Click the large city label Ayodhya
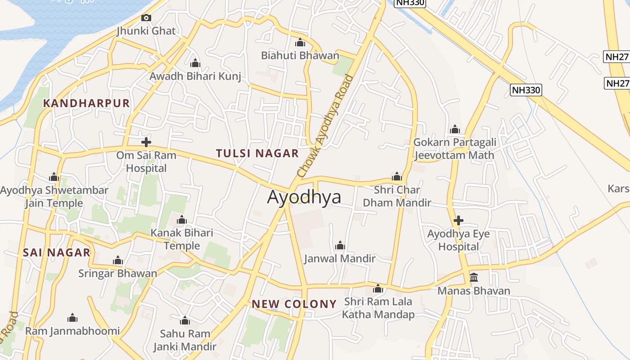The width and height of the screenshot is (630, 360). tap(304, 197)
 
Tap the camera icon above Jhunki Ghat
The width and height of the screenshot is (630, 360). tap(146, 18)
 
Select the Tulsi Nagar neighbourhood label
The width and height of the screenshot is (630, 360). tap(257, 153)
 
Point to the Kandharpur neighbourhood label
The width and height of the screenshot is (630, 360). tap(86, 103)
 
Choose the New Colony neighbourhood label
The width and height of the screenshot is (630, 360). tap(294, 304)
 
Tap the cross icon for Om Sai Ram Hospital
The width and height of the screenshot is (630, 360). tap(146, 143)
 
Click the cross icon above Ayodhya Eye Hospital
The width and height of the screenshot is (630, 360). tap(458, 220)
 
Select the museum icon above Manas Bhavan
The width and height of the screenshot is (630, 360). tap(474, 278)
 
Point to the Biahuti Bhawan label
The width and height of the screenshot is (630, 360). tap(300, 56)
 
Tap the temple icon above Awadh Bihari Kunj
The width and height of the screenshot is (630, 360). tap(195, 63)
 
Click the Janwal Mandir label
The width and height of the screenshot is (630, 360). tap(340, 259)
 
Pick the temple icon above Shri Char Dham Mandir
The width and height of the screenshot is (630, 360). tap(396, 176)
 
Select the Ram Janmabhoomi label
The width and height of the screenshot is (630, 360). tap(72, 331)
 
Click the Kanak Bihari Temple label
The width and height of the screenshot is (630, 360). tap(182, 239)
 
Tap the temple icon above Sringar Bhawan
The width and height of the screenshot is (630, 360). tap(118, 261)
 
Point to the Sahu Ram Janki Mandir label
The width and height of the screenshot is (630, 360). tap(185, 340)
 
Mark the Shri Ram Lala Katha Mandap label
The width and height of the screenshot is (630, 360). tap(378, 308)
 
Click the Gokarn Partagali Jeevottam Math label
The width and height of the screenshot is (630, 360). tap(454, 149)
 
